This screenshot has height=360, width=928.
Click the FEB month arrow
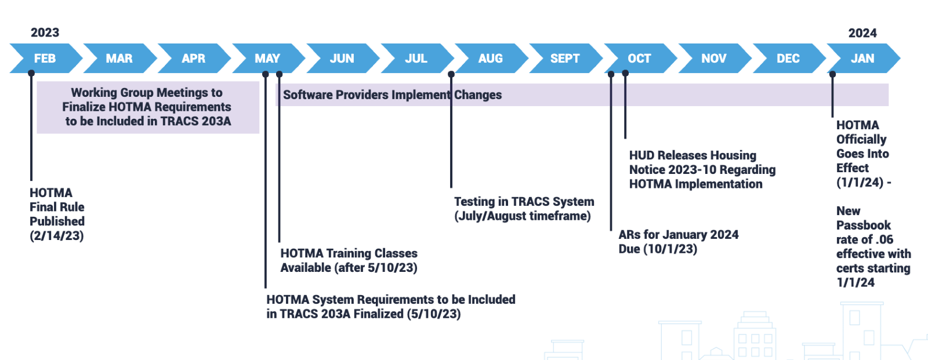point(45,59)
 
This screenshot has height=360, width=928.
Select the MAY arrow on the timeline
point(267,59)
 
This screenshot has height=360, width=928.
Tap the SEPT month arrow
point(564,59)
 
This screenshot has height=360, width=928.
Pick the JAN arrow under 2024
point(862,59)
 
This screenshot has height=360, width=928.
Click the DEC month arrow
point(788,59)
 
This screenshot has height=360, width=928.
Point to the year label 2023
point(45,32)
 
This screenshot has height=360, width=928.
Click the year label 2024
point(862,33)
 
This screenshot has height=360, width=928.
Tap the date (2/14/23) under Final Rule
point(57,236)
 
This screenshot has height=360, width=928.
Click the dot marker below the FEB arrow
point(31,74)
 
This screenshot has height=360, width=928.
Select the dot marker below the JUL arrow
point(451,74)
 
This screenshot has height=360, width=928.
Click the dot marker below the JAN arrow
point(832,74)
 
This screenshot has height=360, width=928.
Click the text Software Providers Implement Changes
point(392,95)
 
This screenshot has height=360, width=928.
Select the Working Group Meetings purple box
point(147,107)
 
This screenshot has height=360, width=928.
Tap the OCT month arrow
point(639,59)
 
